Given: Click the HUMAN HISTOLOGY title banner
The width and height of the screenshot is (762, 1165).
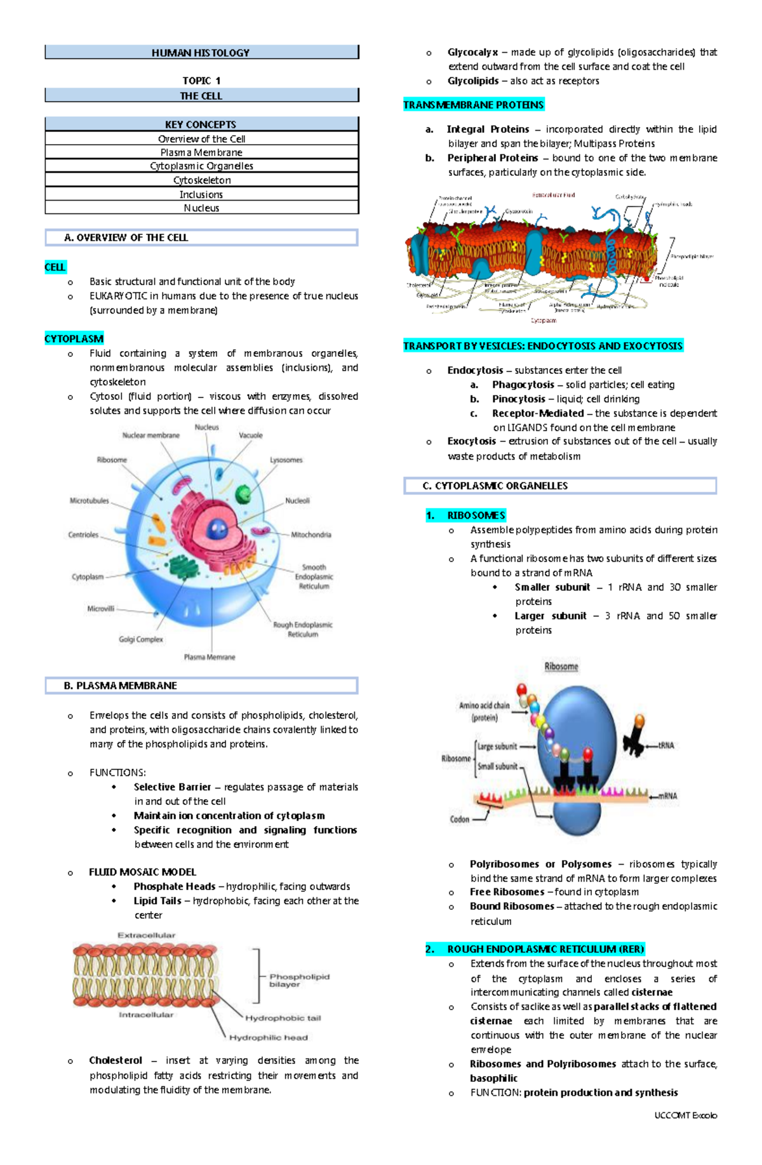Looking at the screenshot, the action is coord(201,53).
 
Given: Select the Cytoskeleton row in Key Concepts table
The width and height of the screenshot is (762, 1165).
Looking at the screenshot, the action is coord(201,180).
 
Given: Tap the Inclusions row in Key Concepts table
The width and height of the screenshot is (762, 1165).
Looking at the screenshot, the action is coord(201,194).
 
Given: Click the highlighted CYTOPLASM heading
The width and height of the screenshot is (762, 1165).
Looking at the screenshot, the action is coord(74,339).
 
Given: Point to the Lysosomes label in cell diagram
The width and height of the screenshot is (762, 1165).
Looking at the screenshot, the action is coord(286,460).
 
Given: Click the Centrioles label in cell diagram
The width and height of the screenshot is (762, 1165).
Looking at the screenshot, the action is coord(83,535).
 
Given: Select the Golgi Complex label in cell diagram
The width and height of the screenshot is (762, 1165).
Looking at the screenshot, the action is coord(141,639).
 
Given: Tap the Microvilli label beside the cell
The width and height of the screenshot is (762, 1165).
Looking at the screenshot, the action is coord(101,608).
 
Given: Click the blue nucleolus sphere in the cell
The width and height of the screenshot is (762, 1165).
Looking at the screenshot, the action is coord(218,528).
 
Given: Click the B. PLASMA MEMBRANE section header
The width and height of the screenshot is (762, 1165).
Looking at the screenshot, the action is coord(201,686).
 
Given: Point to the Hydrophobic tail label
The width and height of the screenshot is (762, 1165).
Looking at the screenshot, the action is coord(283,1018).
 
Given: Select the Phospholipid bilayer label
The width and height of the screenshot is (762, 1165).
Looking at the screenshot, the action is coord(299,980).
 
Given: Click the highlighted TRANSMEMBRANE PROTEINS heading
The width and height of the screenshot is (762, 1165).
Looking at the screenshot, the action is coord(474,105).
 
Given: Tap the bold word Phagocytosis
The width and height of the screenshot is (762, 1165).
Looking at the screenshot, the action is coord(523,385).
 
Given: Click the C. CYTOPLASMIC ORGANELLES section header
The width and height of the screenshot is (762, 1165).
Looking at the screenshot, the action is coord(560,486).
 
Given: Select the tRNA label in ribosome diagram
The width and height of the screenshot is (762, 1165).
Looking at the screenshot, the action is coord(666,745).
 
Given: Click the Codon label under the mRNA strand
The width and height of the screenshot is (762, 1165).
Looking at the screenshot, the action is coord(460,819).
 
